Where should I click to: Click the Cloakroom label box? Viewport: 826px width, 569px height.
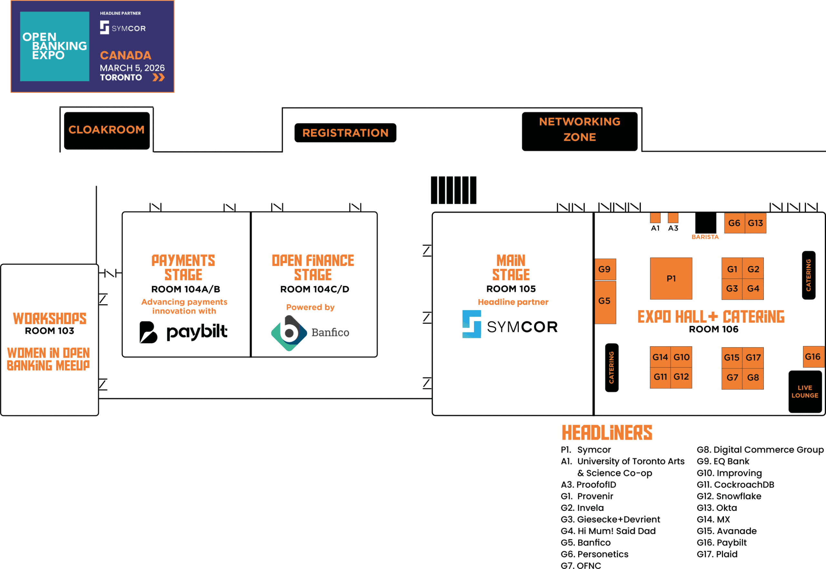click(x=106, y=130)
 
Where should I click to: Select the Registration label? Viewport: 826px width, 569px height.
click(x=345, y=133)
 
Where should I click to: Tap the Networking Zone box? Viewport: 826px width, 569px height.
click(x=579, y=131)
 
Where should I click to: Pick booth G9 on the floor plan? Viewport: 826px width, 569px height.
click(x=605, y=269)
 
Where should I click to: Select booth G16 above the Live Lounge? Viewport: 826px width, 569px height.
click(x=813, y=357)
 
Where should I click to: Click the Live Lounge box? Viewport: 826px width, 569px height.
click(x=805, y=391)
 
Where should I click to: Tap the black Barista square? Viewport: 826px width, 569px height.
click(x=705, y=223)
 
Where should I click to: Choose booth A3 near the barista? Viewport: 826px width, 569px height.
click(x=673, y=218)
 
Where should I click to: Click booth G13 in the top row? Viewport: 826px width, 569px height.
click(x=755, y=223)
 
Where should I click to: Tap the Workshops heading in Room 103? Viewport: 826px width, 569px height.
click(x=50, y=318)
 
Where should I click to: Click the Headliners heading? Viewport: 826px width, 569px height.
click(x=607, y=433)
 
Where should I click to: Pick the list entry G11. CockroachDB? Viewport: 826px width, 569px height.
click(x=735, y=484)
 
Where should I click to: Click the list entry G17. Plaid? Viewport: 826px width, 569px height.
click(x=717, y=554)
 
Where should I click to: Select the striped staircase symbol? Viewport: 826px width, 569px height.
click(x=453, y=190)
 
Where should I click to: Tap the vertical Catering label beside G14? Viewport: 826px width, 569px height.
click(x=611, y=368)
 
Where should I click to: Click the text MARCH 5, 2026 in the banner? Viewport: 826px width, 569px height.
click(x=132, y=68)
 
